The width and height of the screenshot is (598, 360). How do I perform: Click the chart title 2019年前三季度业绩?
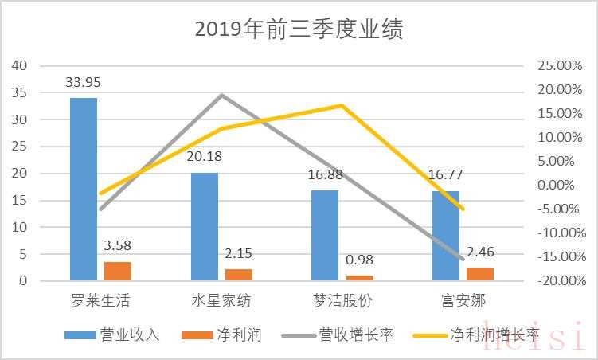pyautogui.click(x=299, y=29)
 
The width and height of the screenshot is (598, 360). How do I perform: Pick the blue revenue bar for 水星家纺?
pyautogui.click(x=205, y=226)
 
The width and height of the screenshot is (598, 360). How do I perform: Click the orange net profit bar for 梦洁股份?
pyautogui.click(x=359, y=278)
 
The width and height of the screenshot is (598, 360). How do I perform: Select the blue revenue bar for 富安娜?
pyautogui.click(x=446, y=236)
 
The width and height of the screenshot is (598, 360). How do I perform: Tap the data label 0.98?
pyautogui.click(x=359, y=260)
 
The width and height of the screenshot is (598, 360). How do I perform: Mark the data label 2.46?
pyautogui.click(x=480, y=252)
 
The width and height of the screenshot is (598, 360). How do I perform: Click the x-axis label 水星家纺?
pyautogui.click(x=221, y=301)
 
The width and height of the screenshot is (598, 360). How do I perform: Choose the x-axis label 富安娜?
pyautogui.click(x=463, y=301)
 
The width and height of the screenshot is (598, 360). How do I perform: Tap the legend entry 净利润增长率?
pyautogui.click(x=494, y=335)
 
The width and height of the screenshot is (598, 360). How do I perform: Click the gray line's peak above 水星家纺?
pyautogui.click(x=221, y=95)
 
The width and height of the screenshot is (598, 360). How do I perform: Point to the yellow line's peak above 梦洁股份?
pyautogui.click(x=342, y=105)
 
